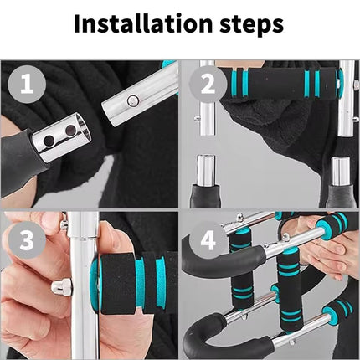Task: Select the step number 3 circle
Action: [27, 240]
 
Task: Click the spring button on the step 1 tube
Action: [132, 100]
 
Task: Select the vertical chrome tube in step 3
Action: [84, 285]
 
